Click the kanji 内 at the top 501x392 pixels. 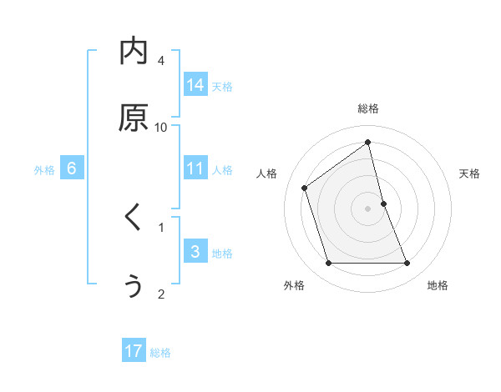134,53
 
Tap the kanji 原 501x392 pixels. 134,118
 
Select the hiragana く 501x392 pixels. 134,219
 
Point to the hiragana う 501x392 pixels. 134,285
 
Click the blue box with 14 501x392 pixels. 195,85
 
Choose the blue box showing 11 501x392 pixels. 195,168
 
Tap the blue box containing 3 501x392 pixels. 195,252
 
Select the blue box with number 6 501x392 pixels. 72,168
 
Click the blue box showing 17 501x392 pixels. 134,351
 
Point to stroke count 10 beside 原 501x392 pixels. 161,127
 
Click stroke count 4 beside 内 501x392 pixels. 161,60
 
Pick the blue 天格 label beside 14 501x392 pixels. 222,86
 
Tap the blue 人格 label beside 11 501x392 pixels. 222,169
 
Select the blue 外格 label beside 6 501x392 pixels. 44,169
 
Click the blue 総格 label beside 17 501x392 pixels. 160,352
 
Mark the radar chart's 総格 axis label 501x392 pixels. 368,108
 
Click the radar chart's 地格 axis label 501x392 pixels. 438,285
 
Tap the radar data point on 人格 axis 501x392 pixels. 305,188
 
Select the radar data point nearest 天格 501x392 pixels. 383,204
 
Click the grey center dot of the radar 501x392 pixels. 368,209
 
